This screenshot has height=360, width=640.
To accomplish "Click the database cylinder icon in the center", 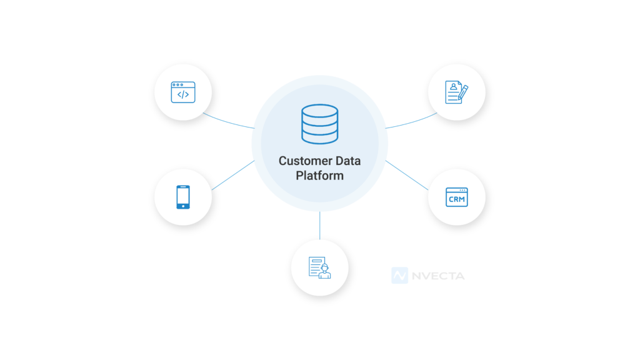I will [319, 124].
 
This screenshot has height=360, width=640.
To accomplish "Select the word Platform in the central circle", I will [319, 176].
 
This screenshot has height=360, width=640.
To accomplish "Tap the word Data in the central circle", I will [348, 161].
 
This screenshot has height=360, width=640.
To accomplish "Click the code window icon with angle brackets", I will [183, 92].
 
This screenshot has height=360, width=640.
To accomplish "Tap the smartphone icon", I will [183, 196].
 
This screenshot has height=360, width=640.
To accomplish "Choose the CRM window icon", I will [457, 197].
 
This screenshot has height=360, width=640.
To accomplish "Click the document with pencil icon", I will [457, 92].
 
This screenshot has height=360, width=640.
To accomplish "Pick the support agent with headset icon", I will [319, 267].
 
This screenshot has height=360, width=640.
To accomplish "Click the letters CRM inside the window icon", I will [457, 199].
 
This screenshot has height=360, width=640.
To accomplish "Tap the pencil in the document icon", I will [463, 92].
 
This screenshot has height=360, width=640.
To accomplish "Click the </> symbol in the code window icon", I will [183, 94].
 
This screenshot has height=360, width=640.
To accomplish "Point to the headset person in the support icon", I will [324, 272].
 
